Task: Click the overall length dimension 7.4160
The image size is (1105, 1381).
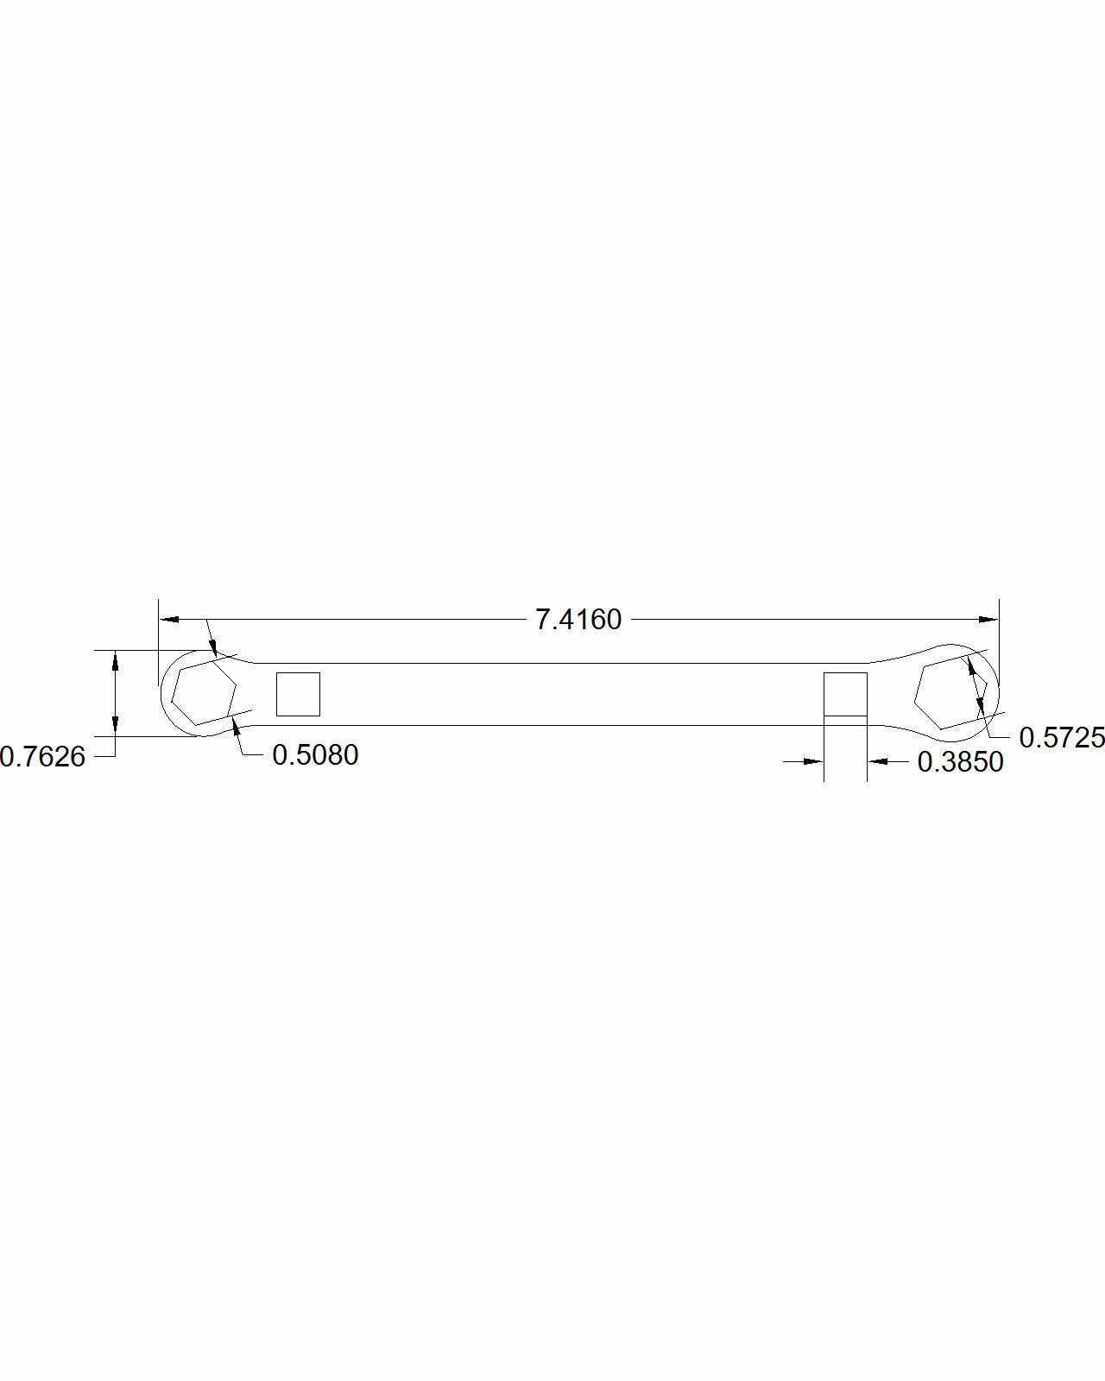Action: click(x=578, y=620)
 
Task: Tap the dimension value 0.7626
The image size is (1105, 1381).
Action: click(x=42, y=757)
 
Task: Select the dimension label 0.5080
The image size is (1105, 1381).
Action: click(x=315, y=755)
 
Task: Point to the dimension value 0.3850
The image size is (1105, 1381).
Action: click(x=960, y=762)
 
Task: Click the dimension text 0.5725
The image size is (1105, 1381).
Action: click(x=1061, y=737)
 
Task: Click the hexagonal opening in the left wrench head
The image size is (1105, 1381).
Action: click(x=204, y=690)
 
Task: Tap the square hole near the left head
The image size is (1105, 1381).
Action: click(x=298, y=694)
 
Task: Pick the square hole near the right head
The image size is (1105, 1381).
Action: click(x=845, y=693)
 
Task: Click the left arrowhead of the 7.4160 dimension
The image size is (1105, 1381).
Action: click(x=169, y=620)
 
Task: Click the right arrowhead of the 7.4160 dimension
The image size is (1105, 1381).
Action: click(x=988, y=620)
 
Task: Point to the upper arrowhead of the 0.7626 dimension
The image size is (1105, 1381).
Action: click(x=115, y=660)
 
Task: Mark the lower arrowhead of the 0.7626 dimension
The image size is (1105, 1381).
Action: click(x=115, y=726)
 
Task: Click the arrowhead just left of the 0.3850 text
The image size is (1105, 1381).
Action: click(x=878, y=761)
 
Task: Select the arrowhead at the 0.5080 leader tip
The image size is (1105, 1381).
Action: click(x=236, y=735)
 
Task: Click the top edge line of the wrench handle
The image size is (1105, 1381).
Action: click(x=552, y=663)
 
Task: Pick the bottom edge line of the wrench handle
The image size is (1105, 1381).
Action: click(x=552, y=726)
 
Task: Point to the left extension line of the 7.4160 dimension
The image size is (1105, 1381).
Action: click(x=159, y=639)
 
